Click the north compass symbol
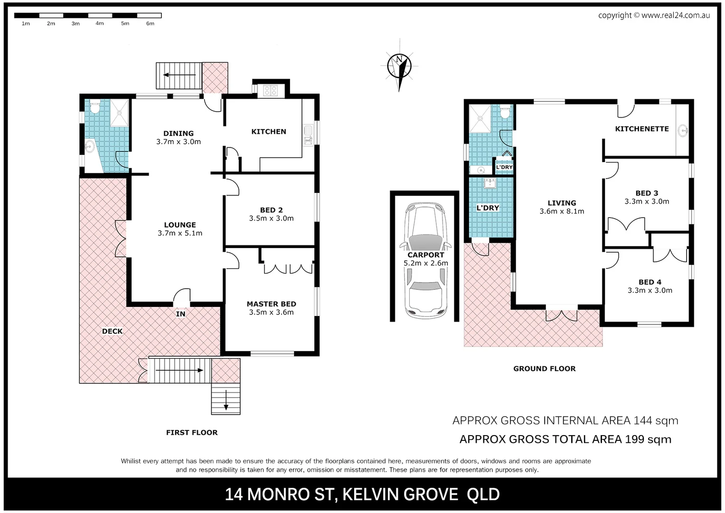tap(399, 66)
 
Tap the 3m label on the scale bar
tap(75, 24)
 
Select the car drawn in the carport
tap(426, 261)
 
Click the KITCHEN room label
tap(269, 132)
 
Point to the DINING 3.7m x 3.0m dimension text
tap(179, 142)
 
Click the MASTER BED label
tap(271, 304)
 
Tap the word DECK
tap(113, 331)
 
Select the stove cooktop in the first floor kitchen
tap(270, 90)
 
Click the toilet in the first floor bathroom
tap(95, 107)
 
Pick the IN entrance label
tap(180, 314)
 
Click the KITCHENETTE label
tap(642, 129)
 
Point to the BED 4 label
tap(650, 282)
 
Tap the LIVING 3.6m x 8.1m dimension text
tap(562, 211)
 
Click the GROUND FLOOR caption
tap(545, 369)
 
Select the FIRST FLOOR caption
tap(192, 432)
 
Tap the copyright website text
tap(654, 15)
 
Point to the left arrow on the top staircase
tap(179, 75)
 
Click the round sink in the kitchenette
tap(684, 131)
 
